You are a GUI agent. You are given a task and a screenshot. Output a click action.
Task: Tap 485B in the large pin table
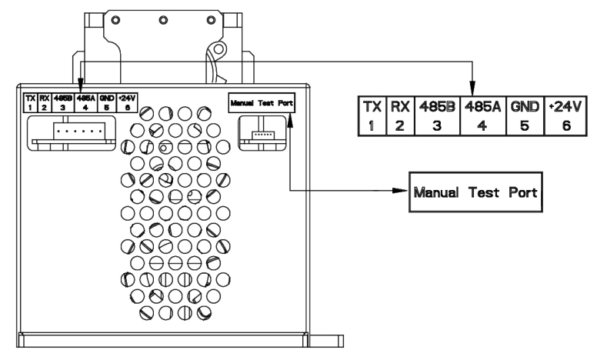pos(437,107)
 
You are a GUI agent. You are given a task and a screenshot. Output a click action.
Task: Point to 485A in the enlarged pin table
pos(482,107)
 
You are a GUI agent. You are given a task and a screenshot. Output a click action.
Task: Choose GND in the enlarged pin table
pos(525,107)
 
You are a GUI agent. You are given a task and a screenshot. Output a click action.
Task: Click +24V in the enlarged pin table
pos(565,107)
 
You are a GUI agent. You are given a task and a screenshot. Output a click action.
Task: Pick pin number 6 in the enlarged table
pos(566,125)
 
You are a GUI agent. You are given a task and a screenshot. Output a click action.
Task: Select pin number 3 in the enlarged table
pos(437,125)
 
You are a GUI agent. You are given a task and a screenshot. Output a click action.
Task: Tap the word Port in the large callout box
pos(522,192)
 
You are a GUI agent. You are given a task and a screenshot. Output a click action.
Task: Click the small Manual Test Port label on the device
pos(262,103)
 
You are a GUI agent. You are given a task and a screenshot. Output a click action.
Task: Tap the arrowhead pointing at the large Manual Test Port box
pos(401,190)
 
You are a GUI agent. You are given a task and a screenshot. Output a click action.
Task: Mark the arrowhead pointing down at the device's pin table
pos(80,84)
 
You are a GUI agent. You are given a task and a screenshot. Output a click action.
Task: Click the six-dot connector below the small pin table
pos(79,131)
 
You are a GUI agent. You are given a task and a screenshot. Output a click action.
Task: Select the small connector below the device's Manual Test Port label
pos(262,135)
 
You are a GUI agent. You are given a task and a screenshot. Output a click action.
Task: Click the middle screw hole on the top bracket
pos(163,20)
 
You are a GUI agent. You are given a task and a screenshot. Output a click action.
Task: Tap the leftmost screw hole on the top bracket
pos(116,20)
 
